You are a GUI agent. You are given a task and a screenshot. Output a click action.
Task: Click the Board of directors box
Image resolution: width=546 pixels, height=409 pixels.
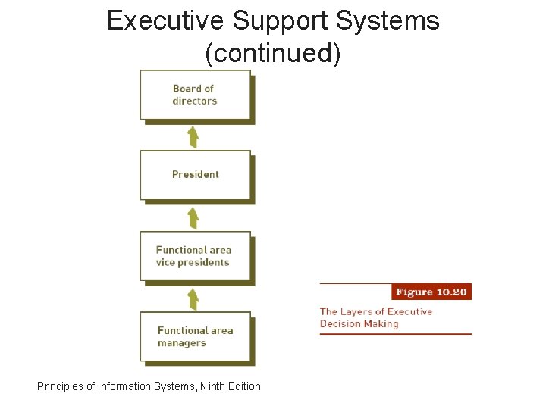coord(195,95)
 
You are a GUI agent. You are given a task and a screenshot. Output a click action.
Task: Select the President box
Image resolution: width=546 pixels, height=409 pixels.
coord(195,175)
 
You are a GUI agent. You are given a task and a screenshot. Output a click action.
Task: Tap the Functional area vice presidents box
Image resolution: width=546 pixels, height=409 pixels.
coord(195,256)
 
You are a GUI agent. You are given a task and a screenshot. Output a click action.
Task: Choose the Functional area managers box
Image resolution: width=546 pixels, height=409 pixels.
coord(195,336)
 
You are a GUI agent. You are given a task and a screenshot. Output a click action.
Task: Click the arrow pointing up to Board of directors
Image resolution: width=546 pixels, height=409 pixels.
coord(193,137)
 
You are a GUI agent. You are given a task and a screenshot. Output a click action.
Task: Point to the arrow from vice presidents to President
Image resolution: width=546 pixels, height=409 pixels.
coord(193,218)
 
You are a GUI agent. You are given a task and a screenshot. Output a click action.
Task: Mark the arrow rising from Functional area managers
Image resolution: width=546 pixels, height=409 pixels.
coord(193,298)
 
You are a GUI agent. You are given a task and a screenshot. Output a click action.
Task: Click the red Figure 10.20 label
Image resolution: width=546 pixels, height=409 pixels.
coord(431,292)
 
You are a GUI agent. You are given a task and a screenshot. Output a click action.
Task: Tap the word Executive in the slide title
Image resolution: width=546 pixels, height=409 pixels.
coord(166,20)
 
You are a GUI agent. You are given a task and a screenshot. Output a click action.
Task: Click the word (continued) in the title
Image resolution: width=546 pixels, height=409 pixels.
coord(273,53)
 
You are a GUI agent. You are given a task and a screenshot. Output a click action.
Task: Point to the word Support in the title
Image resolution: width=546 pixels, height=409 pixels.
coord(281,20)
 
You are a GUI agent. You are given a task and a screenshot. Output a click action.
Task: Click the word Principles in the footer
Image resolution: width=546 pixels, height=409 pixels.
coord(60,386)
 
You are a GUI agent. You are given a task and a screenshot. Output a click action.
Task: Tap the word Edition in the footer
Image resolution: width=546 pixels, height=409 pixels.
coord(244,386)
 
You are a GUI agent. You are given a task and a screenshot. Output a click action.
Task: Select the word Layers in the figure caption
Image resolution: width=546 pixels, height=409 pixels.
coord(357,311)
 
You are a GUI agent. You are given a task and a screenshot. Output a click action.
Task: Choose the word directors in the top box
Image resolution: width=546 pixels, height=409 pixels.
coord(195,101)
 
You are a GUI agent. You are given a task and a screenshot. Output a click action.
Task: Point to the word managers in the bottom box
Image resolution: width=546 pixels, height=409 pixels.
coord(182,343)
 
